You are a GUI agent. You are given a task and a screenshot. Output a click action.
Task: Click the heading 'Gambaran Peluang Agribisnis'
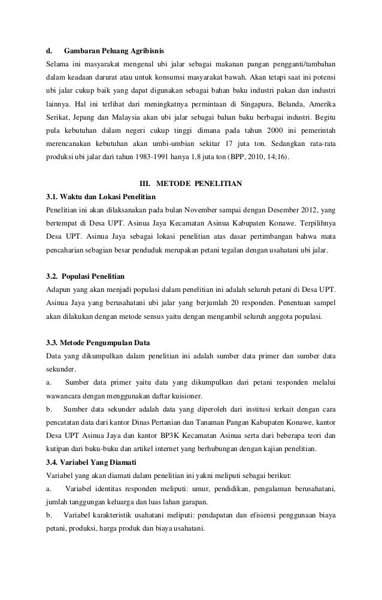[114, 48]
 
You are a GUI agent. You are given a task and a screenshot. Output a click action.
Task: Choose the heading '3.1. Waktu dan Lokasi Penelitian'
[101, 197]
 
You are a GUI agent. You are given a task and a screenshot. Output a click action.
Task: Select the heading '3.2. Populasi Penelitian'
[85, 276]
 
